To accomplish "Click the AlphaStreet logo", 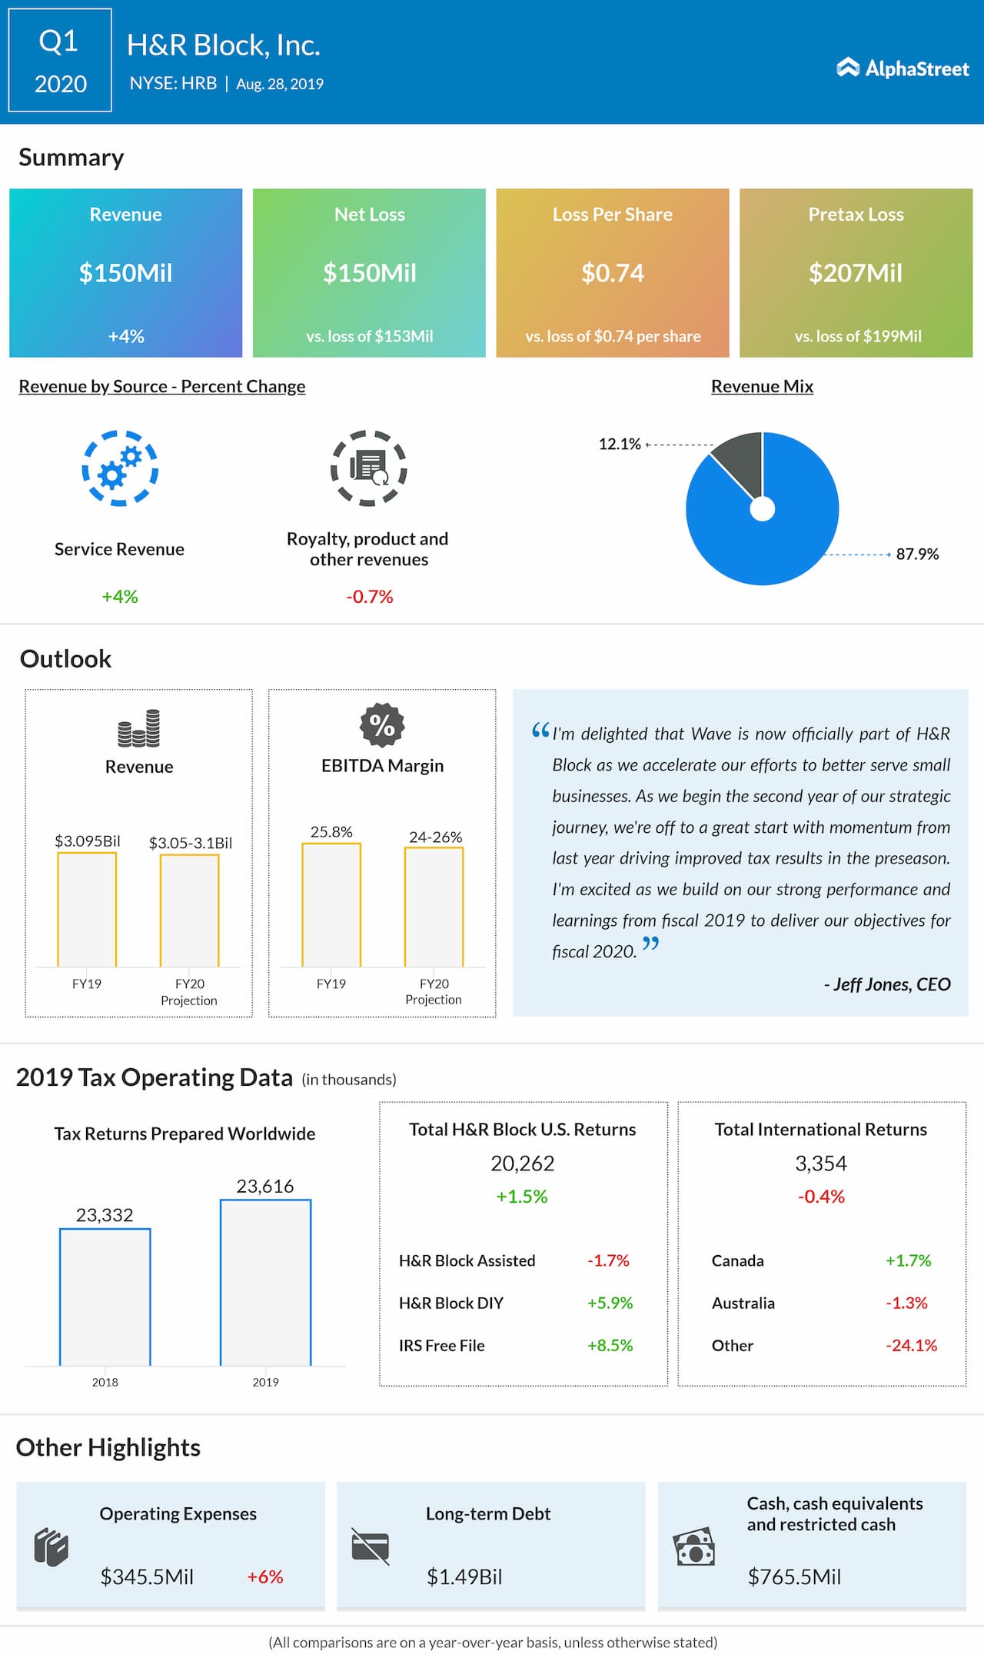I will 903,68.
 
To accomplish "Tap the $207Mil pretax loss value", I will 856,273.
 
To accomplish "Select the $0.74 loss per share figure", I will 613,273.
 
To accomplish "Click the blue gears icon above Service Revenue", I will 120,468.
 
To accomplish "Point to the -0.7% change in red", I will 370,597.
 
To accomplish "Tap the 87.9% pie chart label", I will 917,554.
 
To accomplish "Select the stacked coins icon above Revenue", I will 139,728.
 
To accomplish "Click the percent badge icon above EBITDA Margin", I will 382,725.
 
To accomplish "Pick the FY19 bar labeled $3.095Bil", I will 87,909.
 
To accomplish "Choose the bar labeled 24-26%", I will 434,907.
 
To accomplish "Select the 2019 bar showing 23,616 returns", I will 266,1282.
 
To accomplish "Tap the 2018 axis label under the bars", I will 105,1382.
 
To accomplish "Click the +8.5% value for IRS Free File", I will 610,1346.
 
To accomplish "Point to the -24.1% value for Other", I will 911,1346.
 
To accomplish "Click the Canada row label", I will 738,1261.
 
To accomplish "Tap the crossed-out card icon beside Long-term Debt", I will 370,1546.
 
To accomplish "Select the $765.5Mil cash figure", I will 794,1577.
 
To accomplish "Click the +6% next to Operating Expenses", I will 265,1577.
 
